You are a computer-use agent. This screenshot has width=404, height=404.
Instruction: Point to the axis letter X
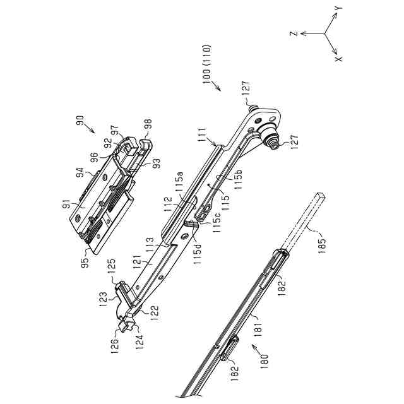pos(338,59)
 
